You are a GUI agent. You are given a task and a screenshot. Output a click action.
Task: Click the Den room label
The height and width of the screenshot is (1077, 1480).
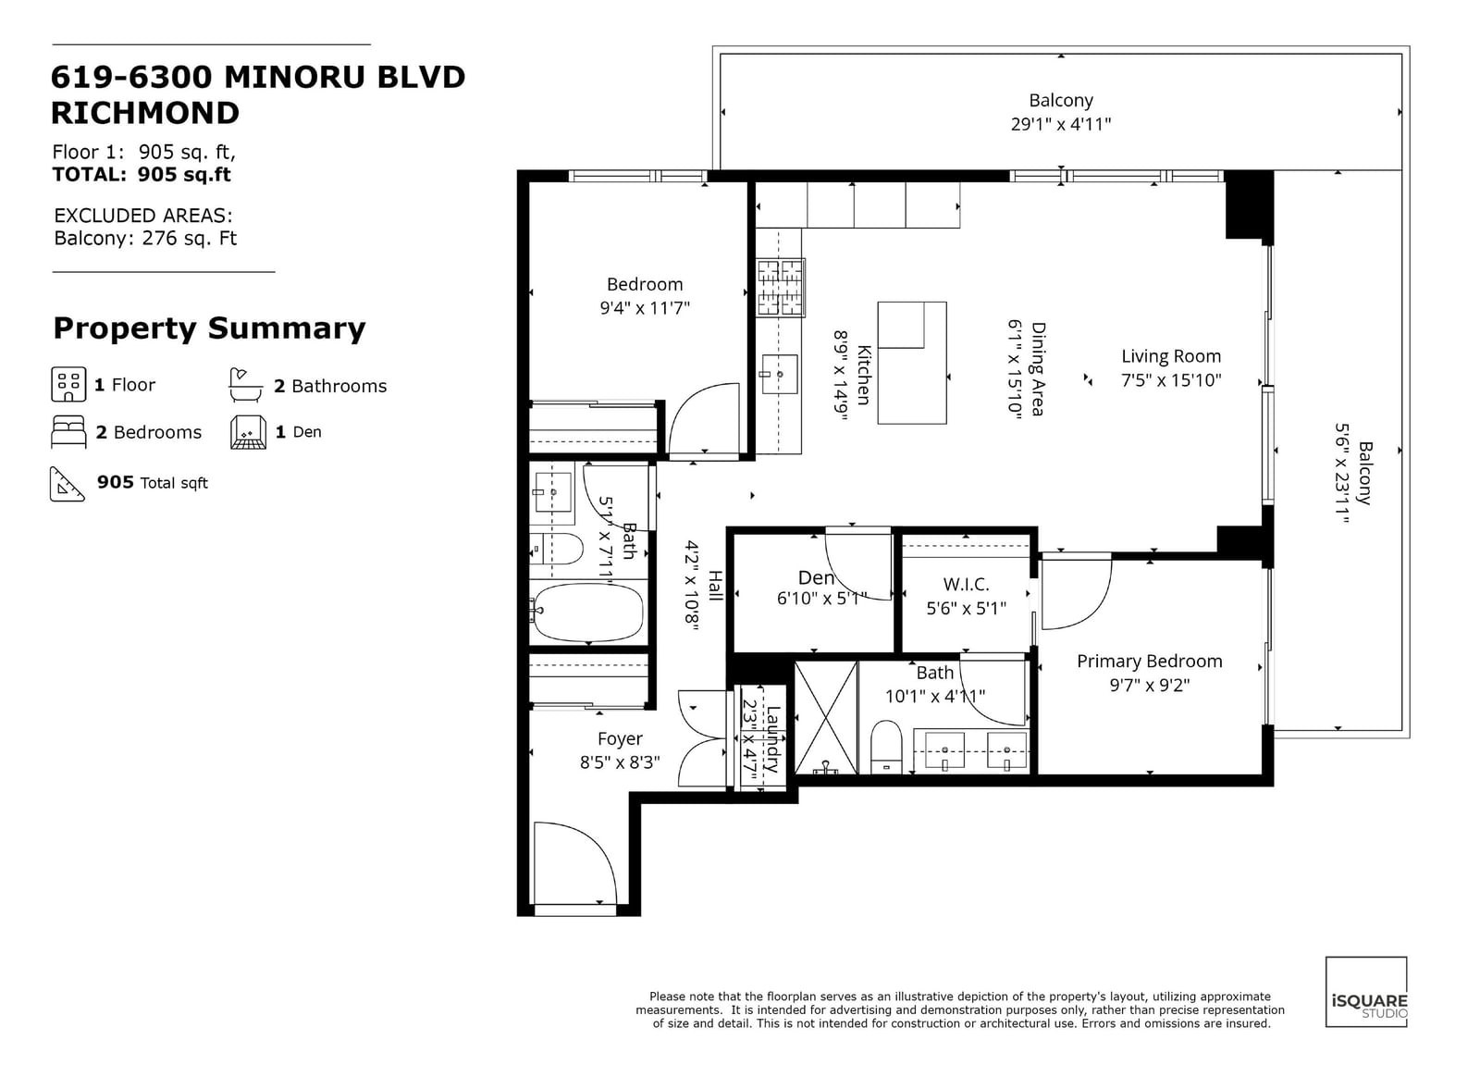point(816,577)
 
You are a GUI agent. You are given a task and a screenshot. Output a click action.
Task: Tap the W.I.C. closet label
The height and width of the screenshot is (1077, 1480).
point(966,584)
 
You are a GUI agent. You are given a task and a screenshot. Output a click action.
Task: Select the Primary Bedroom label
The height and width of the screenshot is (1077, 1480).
point(1150,662)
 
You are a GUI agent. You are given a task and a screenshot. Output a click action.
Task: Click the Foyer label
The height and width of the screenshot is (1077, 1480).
point(620,738)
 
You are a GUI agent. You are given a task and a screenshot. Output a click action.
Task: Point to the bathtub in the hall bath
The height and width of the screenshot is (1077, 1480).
point(586,613)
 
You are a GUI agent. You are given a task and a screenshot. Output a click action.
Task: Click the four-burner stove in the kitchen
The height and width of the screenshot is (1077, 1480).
point(781,288)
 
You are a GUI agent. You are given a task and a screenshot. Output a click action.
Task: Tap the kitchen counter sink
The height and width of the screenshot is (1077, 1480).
point(780,374)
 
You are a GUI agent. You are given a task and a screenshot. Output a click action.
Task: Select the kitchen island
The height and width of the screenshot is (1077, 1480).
point(912,363)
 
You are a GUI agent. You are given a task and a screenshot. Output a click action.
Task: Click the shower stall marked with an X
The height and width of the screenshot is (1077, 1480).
point(826,717)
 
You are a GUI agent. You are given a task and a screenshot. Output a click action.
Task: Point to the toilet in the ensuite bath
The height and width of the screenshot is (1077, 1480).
point(887,746)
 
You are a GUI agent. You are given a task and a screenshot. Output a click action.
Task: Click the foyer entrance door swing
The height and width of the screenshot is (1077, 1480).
point(575,863)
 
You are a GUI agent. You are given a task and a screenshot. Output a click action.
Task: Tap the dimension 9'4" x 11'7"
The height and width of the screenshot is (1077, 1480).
point(645,308)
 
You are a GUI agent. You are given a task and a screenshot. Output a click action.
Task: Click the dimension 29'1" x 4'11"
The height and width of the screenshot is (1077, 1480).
point(1060,124)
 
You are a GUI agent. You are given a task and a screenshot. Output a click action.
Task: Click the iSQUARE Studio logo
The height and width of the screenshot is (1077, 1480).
point(1366,1000)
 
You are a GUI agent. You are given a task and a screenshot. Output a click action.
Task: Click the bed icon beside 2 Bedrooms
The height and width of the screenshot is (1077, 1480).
point(68,432)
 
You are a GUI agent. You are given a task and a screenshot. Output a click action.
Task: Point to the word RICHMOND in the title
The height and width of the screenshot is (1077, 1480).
point(144,113)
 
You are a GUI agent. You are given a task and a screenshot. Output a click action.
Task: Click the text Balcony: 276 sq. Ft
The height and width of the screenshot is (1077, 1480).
point(145,238)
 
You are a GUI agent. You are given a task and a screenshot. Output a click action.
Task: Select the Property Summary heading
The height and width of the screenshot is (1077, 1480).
point(209,328)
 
